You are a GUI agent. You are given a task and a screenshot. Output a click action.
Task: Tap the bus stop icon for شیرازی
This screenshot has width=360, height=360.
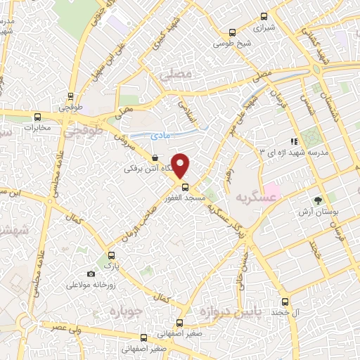(264, 16)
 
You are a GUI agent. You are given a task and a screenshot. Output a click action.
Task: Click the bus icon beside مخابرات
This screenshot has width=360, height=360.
(37, 117)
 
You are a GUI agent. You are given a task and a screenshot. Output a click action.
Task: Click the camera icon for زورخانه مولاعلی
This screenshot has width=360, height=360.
(91, 274)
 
